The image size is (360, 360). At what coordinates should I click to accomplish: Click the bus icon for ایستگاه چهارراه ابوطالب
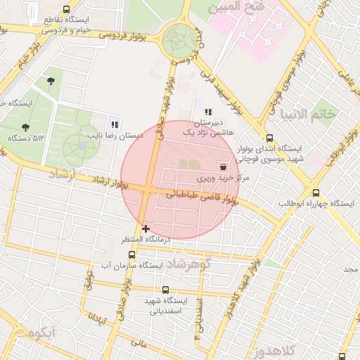[x=315, y=193]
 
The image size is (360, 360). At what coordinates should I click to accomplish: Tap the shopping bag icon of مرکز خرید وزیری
[x=224, y=167]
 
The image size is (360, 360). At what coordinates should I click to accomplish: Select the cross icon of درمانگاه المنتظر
[x=146, y=229]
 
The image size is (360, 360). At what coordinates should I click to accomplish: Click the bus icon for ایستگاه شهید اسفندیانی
[x=165, y=290]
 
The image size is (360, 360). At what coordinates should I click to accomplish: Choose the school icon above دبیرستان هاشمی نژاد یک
[x=207, y=112]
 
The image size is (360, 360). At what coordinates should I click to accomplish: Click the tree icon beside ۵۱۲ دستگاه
[x=26, y=127]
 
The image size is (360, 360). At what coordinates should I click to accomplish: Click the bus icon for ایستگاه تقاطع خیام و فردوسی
[x=66, y=10]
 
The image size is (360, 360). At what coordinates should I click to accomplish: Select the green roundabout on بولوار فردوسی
[x=179, y=40]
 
